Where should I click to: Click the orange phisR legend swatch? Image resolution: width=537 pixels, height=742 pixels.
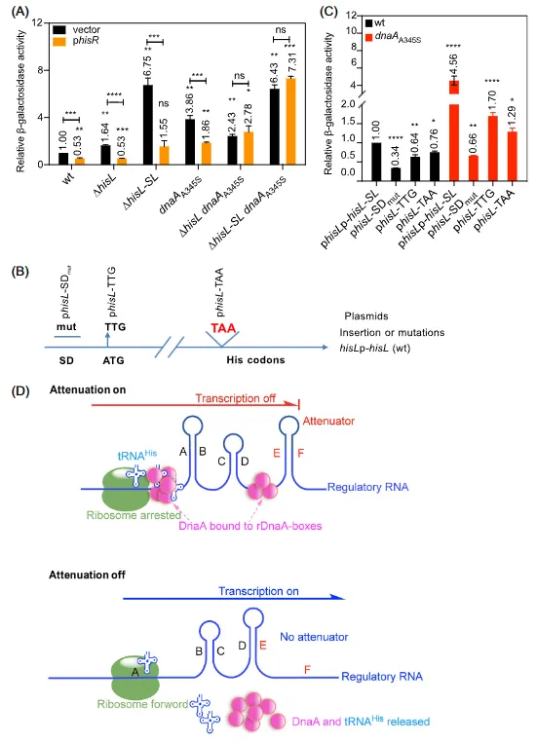tap(58, 41)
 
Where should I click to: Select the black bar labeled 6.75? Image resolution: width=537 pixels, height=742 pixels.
tap(148, 125)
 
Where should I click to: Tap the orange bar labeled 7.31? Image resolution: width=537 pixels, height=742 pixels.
tap(290, 121)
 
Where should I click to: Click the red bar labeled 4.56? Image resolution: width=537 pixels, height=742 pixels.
tap(454, 130)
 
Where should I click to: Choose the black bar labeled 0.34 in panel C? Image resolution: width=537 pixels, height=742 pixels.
tap(396, 174)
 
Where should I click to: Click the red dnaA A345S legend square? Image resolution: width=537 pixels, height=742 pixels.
tap(369, 37)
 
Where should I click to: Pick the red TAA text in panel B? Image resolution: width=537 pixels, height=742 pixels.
tap(223, 327)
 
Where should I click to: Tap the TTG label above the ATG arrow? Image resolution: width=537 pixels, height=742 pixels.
tap(116, 327)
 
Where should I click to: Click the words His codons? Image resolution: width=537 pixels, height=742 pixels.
tap(255, 360)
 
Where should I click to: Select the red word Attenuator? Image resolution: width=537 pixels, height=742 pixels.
tap(328, 421)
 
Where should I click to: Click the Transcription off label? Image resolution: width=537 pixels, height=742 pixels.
tap(235, 398)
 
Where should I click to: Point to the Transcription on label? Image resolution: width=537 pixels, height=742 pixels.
tap(258, 591)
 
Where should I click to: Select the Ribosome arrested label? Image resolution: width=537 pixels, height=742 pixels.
tap(134, 515)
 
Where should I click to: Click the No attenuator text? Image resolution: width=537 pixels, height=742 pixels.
tap(314, 637)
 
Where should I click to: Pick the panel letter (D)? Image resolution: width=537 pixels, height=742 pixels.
tap(20, 391)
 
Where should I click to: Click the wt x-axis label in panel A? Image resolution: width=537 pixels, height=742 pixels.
tap(68, 179)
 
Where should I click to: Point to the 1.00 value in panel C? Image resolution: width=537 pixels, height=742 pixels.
tap(375, 131)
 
